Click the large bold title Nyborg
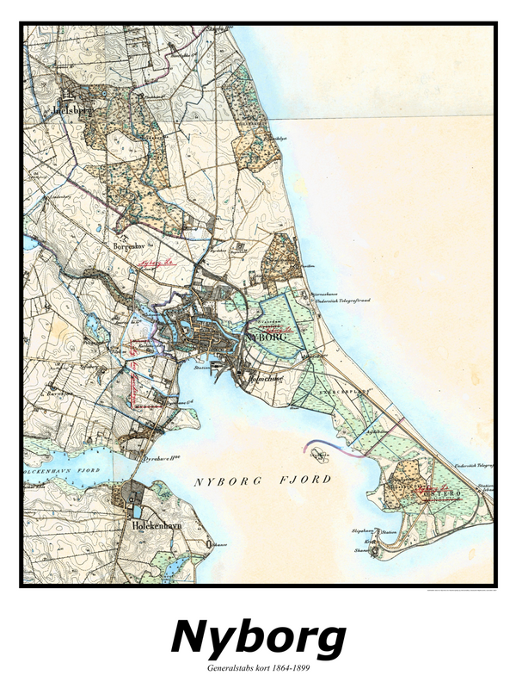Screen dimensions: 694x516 (x=258, y=638)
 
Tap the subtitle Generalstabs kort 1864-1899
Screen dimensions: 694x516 (x=258, y=668)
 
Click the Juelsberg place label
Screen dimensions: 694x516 (x=48, y=111)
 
